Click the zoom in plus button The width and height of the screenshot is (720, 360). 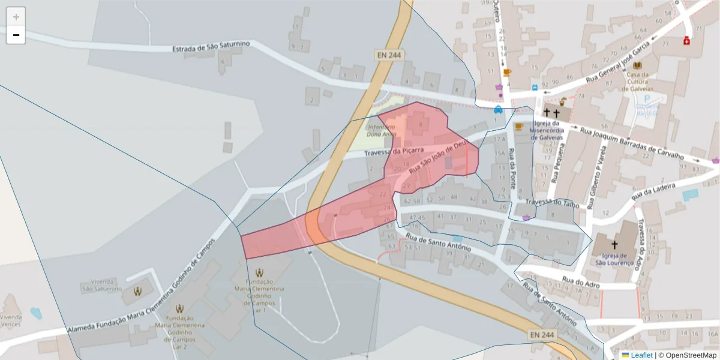16,17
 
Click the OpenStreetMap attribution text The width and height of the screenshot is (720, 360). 691,355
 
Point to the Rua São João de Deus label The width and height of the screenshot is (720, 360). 437,158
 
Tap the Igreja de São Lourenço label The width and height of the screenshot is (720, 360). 614,259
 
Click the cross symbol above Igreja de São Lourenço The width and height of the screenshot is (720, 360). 614,245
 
